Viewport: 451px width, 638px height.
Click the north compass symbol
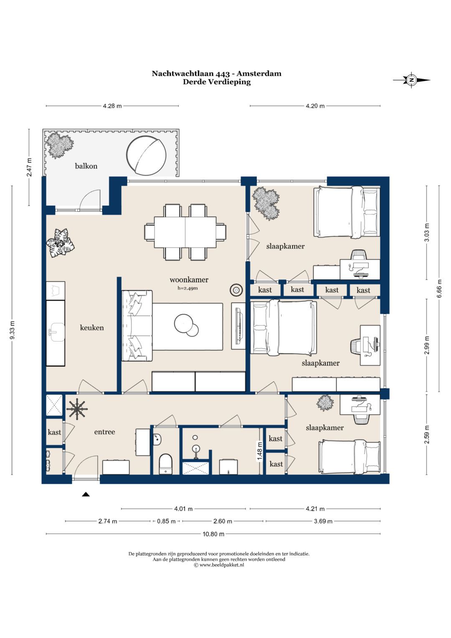(x=411, y=80)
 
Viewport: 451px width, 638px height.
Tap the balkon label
(x=86, y=166)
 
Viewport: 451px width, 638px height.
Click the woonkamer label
(x=189, y=280)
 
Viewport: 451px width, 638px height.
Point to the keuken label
(x=92, y=328)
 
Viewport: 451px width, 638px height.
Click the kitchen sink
(x=56, y=332)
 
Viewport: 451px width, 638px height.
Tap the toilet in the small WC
(x=165, y=464)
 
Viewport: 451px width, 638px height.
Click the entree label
(x=104, y=432)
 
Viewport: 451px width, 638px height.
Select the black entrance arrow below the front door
(x=86, y=494)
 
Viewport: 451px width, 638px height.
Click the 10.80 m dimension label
(x=213, y=534)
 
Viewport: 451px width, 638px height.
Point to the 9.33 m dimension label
(x=12, y=330)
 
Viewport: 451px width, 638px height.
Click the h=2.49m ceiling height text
(x=187, y=288)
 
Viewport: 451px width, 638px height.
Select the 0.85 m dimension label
(x=166, y=521)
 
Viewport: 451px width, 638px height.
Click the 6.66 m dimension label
(x=439, y=288)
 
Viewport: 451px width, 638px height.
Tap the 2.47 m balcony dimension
(x=29, y=167)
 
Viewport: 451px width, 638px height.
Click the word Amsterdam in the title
(x=259, y=74)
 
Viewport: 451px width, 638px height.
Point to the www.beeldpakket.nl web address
(x=221, y=565)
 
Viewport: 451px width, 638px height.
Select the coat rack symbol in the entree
(x=77, y=409)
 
